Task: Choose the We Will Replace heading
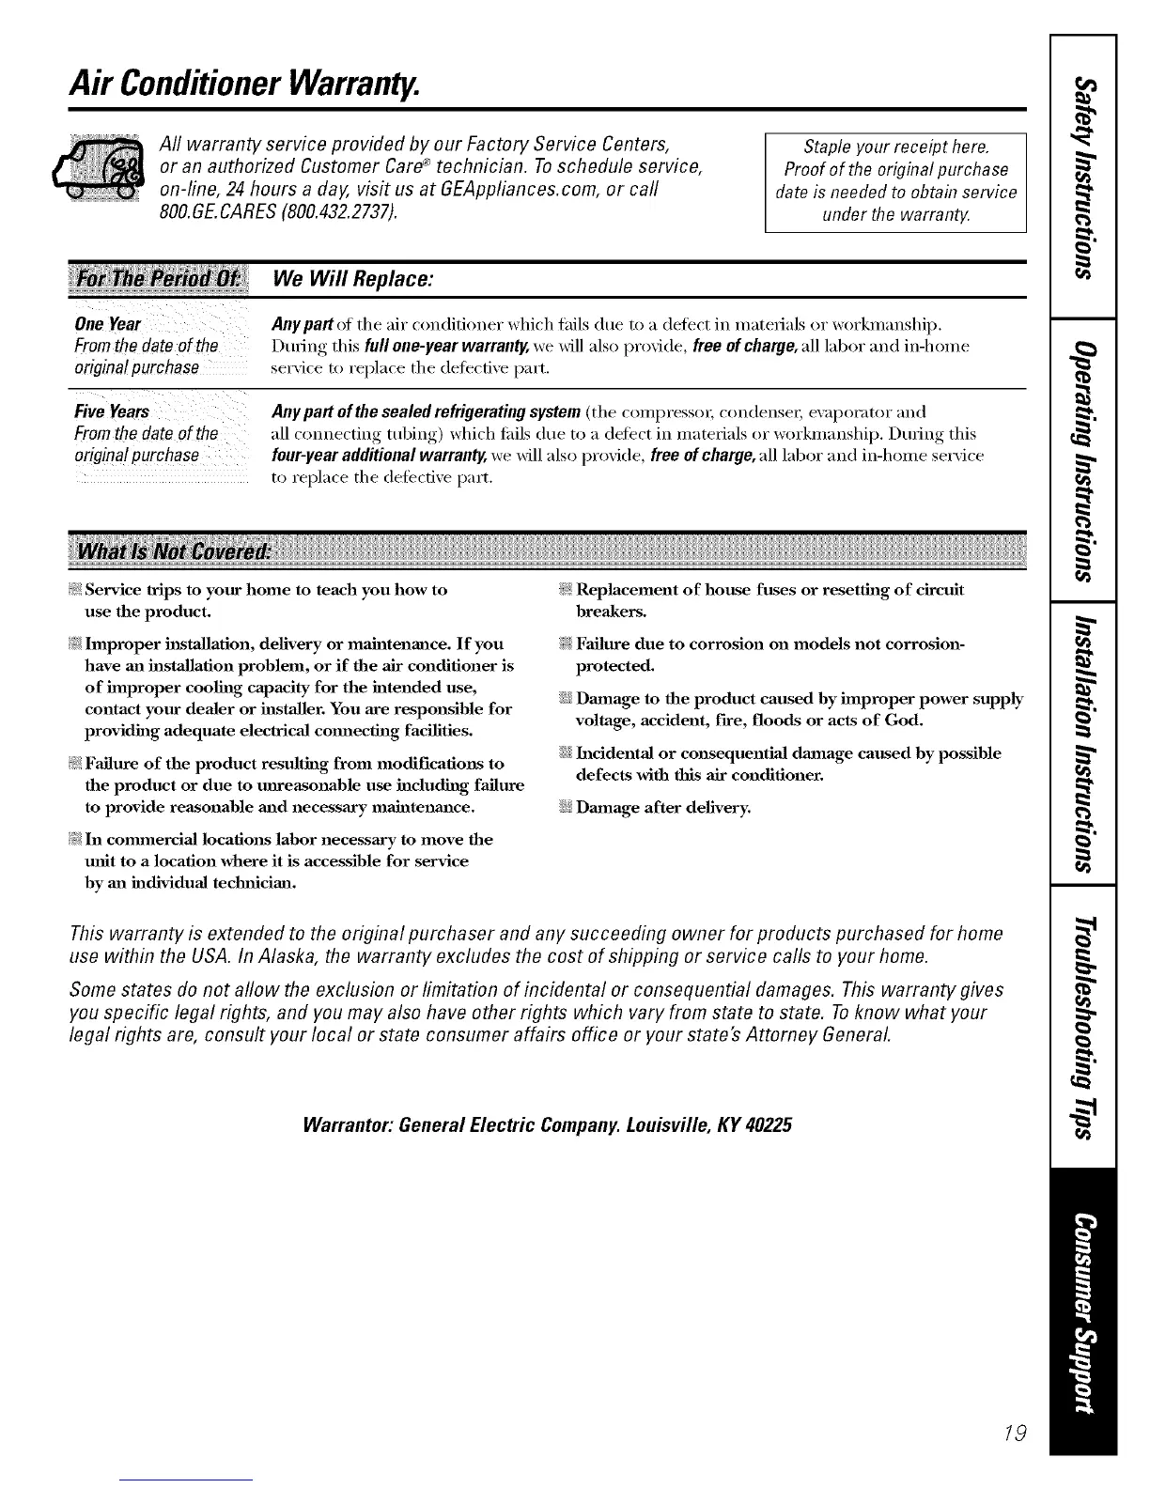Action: pyautogui.click(x=351, y=279)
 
